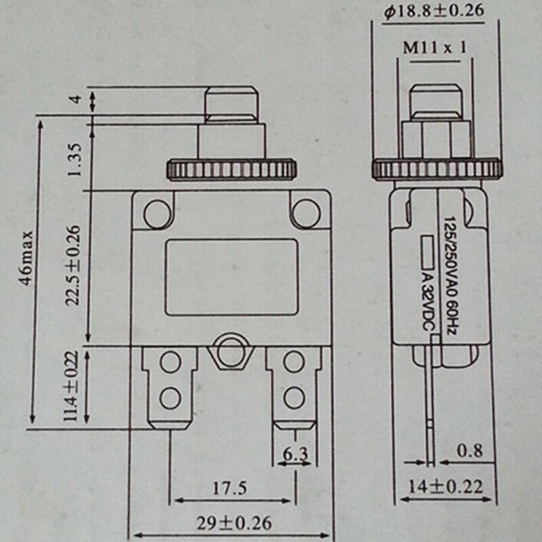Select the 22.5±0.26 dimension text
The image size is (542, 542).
coord(75,266)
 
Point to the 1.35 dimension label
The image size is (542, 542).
coord(75,159)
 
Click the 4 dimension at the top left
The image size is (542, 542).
coord(76,100)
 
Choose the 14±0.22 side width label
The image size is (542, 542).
coord(447,486)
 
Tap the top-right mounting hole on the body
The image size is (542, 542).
coord(306,212)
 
